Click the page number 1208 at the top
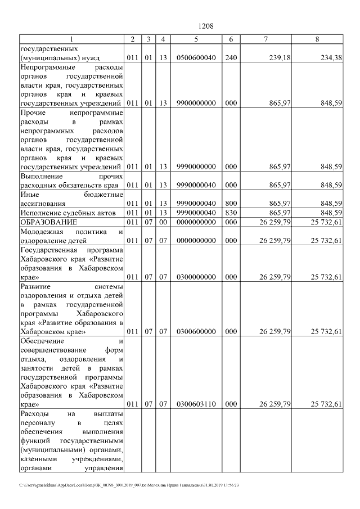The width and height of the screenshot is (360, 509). click(205, 26)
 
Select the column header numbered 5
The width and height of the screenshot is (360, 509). click(196, 39)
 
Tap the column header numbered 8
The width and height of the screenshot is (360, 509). click(317, 39)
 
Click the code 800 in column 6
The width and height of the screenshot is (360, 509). click(231, 203)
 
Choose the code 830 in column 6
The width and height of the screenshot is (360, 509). click(231, 212)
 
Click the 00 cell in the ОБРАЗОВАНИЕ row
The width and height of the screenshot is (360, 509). click(163, 222)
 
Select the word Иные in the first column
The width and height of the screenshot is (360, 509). click(29, 194)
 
